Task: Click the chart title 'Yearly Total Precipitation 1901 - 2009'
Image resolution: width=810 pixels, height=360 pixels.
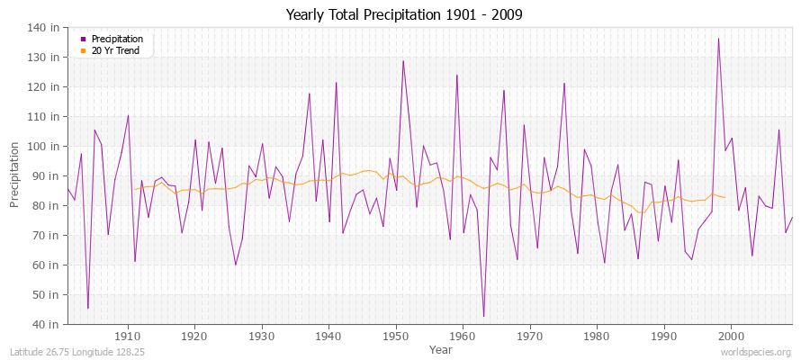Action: point(404,14)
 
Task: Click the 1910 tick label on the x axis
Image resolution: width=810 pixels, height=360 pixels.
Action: point(128,336)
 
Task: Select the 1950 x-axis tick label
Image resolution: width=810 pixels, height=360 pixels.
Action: point(396,336)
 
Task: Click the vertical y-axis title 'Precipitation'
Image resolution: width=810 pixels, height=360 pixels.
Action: point(14,176)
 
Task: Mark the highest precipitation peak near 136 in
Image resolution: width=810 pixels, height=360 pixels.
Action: point(718,39)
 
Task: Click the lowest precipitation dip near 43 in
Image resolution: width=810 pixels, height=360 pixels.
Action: point(483,316)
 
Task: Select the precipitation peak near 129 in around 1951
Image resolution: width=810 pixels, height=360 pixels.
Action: point(403,61)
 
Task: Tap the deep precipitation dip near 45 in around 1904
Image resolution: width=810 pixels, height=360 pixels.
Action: point(88,308)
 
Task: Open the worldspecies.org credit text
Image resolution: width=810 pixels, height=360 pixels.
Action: point(756,352)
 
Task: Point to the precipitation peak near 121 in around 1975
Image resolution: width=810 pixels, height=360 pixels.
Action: point(564,84)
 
